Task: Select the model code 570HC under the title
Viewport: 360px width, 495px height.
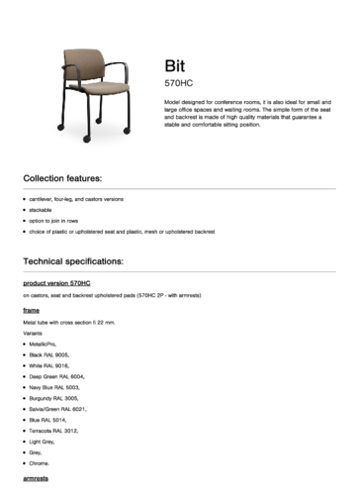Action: pos(178,83)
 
